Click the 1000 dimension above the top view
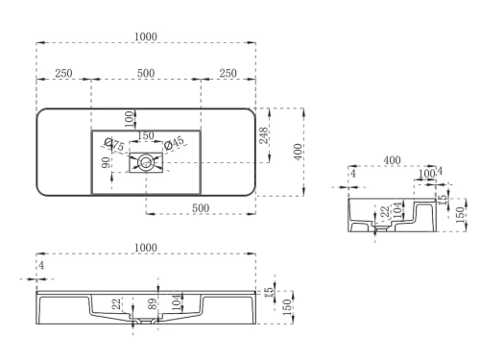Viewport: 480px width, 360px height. click(146, 36)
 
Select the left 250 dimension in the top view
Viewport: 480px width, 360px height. click(63, 74)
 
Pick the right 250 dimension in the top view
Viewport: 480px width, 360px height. click(228, 74)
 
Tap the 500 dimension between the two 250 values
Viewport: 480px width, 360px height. click(146, 74)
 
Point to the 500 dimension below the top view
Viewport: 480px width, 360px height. click(200, 207)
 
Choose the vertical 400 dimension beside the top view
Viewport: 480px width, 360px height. click(299, 151)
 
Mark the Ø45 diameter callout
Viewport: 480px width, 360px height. click(175, 144)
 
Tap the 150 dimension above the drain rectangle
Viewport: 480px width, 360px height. click(146, 135)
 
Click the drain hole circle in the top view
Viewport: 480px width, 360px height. click(146, 163)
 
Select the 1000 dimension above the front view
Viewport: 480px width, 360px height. click(146, 249)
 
